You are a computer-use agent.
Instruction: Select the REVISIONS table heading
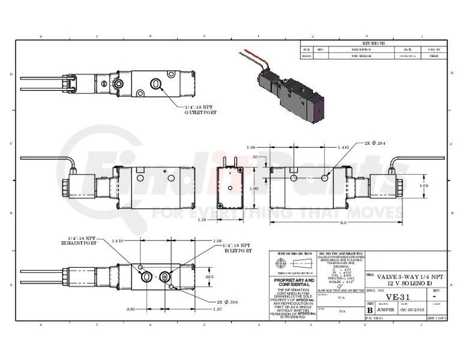[x=374, y=43]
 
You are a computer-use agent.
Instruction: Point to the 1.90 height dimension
[x=254, y=188]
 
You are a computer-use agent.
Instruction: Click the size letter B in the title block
[x=369, y=311]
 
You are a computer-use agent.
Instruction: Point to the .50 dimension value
[x=254, y=156]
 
